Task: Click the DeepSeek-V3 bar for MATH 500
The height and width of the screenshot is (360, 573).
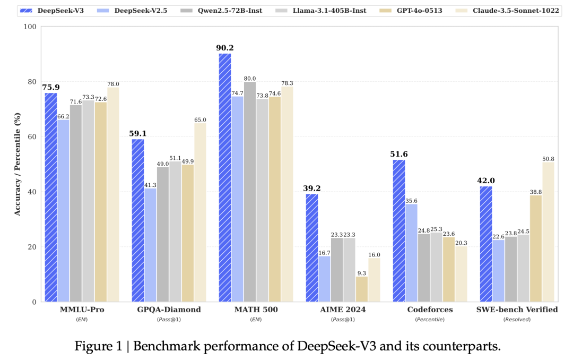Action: [x=225, y=177]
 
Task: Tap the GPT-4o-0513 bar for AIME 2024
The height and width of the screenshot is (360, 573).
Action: [x=361, y=289]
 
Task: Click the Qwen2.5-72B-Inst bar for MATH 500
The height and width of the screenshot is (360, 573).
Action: [x=250, y=192]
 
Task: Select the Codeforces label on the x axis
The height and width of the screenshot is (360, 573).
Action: [x=430, y=310]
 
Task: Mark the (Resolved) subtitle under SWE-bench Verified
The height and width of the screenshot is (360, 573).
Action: [x=517, y=319]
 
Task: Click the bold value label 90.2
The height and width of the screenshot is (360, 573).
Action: [x=225, y=48]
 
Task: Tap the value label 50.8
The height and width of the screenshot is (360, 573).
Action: [x=548, y=158]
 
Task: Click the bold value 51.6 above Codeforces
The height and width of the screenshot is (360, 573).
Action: [x=398, y=155]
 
